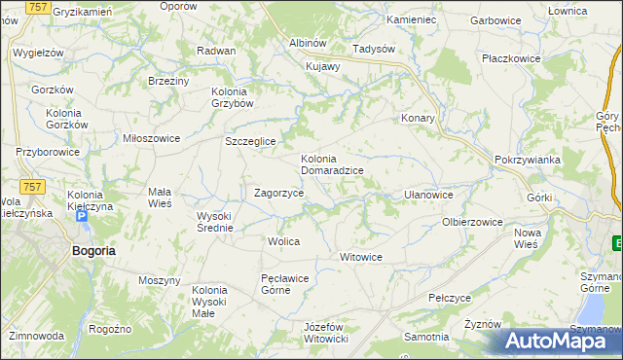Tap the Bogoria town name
[93, 250]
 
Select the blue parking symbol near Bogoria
[82, 217]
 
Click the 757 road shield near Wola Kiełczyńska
[32, 185]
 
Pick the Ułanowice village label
[428, 195]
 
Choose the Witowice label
[360, 257]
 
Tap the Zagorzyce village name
[278, 193]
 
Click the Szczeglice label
[251, 141]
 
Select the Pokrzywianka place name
[525, 160]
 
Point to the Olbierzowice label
[472, 222]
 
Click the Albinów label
[307, 43]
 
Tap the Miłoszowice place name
[151, 138]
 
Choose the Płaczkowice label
[511, 58]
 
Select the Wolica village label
[283, 240]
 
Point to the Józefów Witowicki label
[326, 332]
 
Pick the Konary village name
[418, 118]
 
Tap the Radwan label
[216, 51]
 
